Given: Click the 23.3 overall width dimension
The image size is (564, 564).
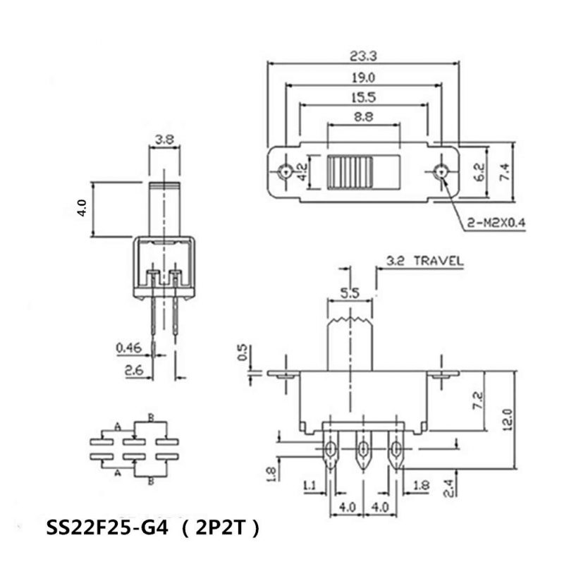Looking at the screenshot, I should tap(363, 54).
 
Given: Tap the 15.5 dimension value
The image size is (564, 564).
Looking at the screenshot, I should tap(363, 99).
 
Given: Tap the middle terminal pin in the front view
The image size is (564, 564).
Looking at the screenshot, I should tap(362, 452).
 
